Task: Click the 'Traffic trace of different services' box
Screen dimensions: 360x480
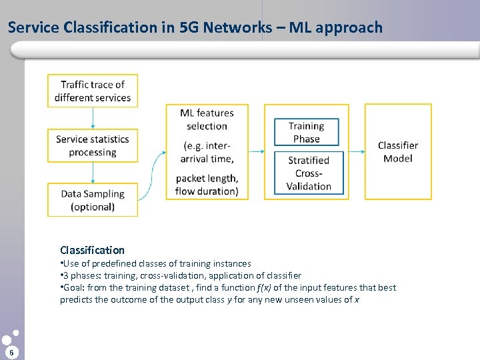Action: (x=93, y=91)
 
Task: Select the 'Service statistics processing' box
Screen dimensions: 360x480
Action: (x=93, y=145)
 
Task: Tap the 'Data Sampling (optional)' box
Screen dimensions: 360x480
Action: (x=93, y=200)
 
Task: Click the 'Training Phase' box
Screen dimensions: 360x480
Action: (x=307, y=132)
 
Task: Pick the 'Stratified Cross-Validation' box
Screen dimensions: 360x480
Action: (x=309, y=173)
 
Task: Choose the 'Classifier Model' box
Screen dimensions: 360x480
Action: (x=398, y=151)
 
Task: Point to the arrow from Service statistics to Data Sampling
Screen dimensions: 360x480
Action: (x=93, y=173)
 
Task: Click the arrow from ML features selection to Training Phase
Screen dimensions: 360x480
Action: (x=256, y=152)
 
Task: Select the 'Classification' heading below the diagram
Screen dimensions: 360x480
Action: (x=92, y=250)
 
